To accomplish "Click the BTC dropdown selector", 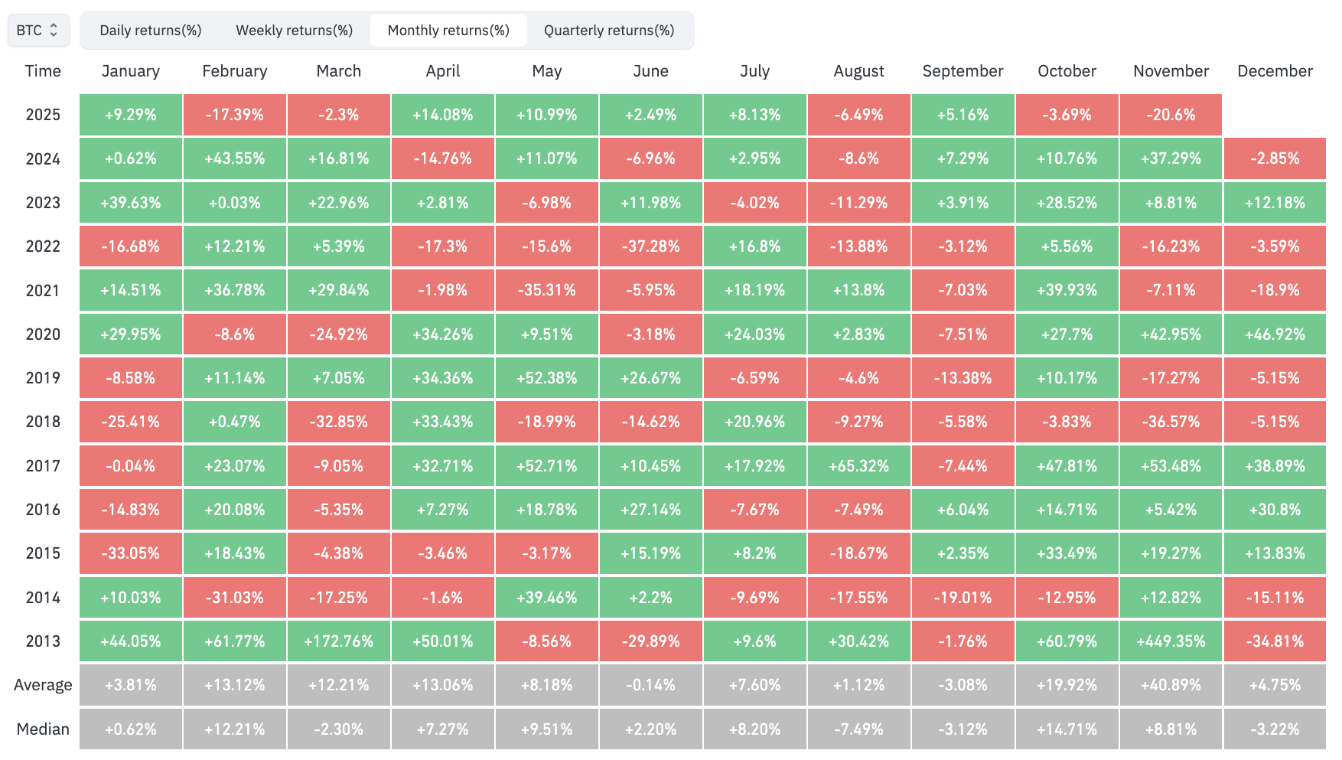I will pos(38,31).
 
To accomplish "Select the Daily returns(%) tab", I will pos(151,31).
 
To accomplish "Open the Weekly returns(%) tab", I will pos(295,31).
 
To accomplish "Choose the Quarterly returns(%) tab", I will pos(609,31).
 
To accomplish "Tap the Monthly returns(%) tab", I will pos(448,31).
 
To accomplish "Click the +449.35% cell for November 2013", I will pos(1171,641).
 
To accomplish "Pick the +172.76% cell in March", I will pos(339,641).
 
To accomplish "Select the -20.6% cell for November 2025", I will pos(1171,115).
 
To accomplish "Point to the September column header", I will pos(963,71).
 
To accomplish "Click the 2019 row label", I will pos(43,378).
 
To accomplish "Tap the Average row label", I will pos(43,685).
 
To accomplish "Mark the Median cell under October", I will pos(1067,729).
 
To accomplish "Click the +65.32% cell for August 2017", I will pos(858,466).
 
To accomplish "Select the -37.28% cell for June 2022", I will pos(650,246).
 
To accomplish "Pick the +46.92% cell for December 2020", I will pos(1275,334).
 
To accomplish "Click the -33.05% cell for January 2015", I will pos(131,553).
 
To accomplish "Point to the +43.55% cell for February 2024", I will pos(235,158).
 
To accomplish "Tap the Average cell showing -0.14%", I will pos(650,685).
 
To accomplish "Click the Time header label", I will pos(43,71).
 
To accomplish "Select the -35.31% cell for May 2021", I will pos(546,291).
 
